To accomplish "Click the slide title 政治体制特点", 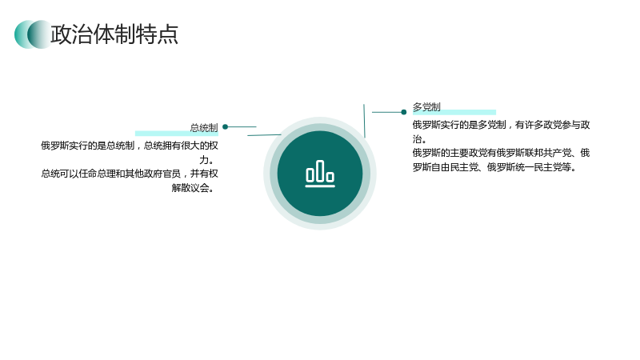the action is pyautogui.click(x=114, y=34).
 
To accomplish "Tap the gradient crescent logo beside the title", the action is pyautogui.click(x=33, y=34).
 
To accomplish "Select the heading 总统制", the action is pyautogui.click(x=204, y=128).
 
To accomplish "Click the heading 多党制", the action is pyautogui.click(x=426, y=107).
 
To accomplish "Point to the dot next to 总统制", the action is pyautogui.click(x=225, y=127).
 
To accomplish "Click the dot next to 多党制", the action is pyautogui.click(x=404, y=112).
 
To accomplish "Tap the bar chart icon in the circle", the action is pyautogui.click(x=320, y=174).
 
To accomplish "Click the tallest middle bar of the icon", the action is pyautogui.click(x=320, y=171).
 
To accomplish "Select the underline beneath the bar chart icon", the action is pyautogui.click(x=320, y=186).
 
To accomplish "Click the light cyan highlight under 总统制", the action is pyautogui.click(x=176, y=134).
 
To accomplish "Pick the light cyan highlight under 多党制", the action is pyautogui.click(x=454, y=112).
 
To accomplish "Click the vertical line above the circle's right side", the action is pyautogui.click(x=364, y=121).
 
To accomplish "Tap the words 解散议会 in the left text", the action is pyautogui.click(x=190, y=188).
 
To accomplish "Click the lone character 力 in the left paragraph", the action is pyautogui.click(x=204, y=159).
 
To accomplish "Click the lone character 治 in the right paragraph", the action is pyautogui.click(x=417, y=139).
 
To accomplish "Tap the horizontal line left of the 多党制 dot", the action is pyautogui.click(x=386, y=112).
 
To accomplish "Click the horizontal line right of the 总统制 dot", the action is pyautogui.click(x=242, y=127).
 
